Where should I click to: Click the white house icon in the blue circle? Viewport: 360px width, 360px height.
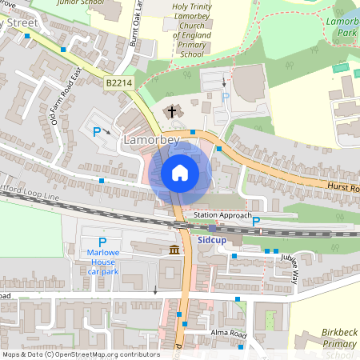(180, 173)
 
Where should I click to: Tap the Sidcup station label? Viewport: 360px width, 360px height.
(210, 238)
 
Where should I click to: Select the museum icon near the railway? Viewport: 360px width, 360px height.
(174, 252)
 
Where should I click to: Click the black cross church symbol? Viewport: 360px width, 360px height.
(171, 112)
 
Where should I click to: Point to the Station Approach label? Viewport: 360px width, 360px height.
(223, 216)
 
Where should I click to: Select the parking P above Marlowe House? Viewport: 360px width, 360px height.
(102, 242)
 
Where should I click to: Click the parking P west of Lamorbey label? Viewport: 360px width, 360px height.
(98, 132)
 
